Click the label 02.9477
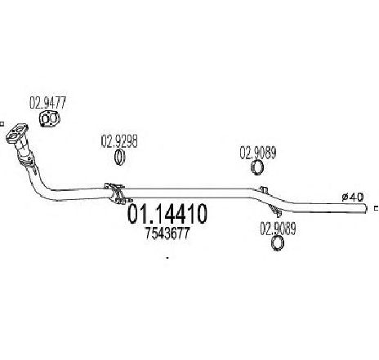point(48,103)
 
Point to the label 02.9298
point(119,141)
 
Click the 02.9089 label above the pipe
point(258,153)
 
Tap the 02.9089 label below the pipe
point(278,229)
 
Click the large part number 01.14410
point(167,214)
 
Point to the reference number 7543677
point(167,233)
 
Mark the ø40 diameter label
point(353,197)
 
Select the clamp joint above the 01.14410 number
point(118,193)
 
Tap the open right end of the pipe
point(366,208)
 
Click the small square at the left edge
point(2,124)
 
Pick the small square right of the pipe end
point(377,208)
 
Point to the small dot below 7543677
point(167,257)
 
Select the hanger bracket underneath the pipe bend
point(275,211)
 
